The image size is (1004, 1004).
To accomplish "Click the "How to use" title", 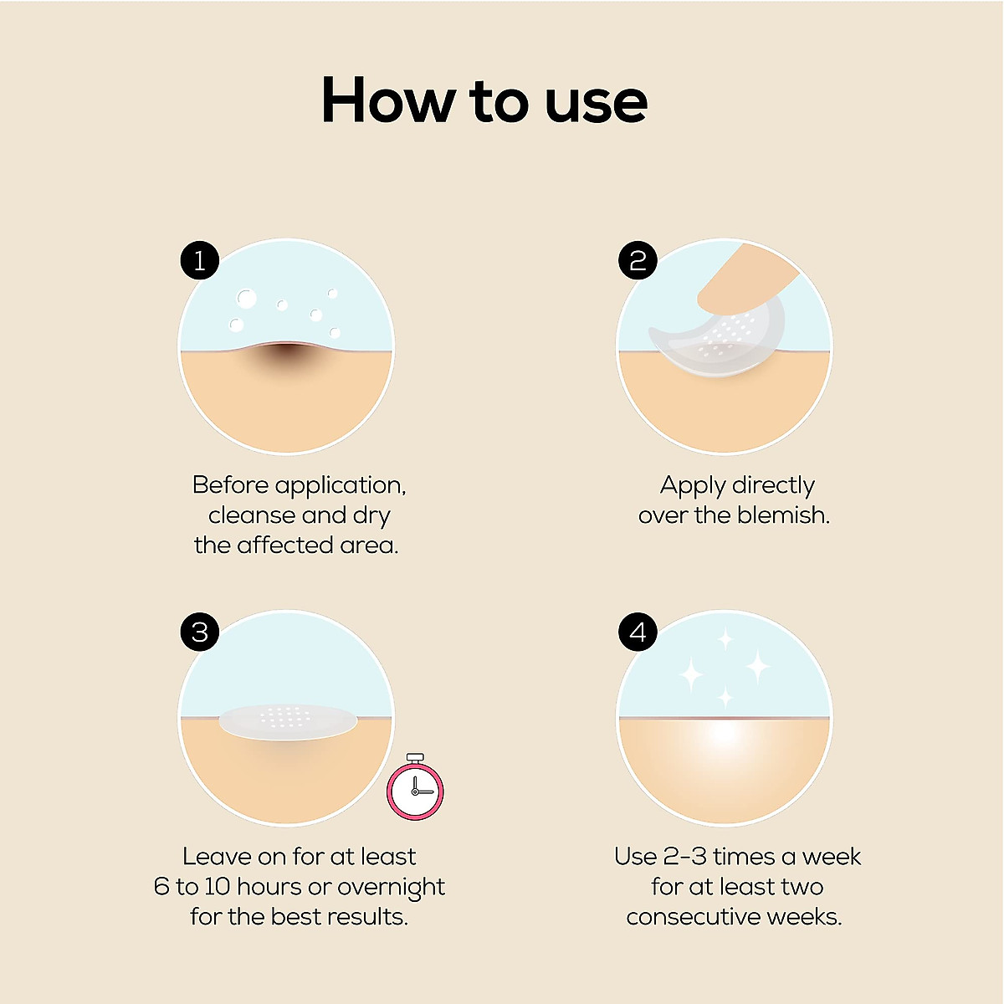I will (484, 100).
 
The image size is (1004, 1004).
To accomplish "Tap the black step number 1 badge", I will (200, 261).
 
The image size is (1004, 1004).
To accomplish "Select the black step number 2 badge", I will (638, 261).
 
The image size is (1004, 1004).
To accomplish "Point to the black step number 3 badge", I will (200, 632).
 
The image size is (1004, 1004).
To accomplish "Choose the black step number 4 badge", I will (638, 632).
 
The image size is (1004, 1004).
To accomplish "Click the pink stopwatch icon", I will (415, 788).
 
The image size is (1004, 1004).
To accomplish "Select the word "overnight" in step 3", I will (391, 887).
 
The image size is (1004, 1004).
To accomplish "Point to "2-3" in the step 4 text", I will (684, 857).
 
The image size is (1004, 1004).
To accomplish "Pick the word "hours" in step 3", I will (269, 887).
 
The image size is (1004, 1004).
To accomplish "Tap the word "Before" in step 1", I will (230, 485).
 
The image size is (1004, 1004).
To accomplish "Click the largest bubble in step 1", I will (246, 298).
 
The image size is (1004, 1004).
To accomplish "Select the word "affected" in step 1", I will (285, 546).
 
